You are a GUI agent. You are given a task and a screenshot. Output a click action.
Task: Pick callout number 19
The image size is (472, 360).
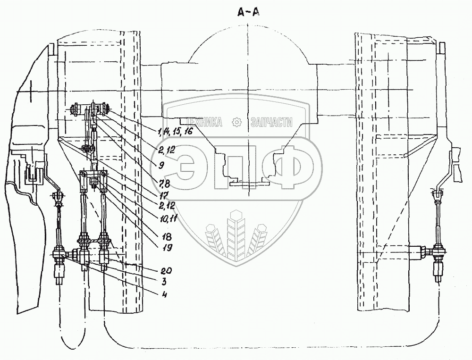coord(167,247)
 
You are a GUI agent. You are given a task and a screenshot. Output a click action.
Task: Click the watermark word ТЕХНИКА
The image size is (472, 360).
coord(206,122)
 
